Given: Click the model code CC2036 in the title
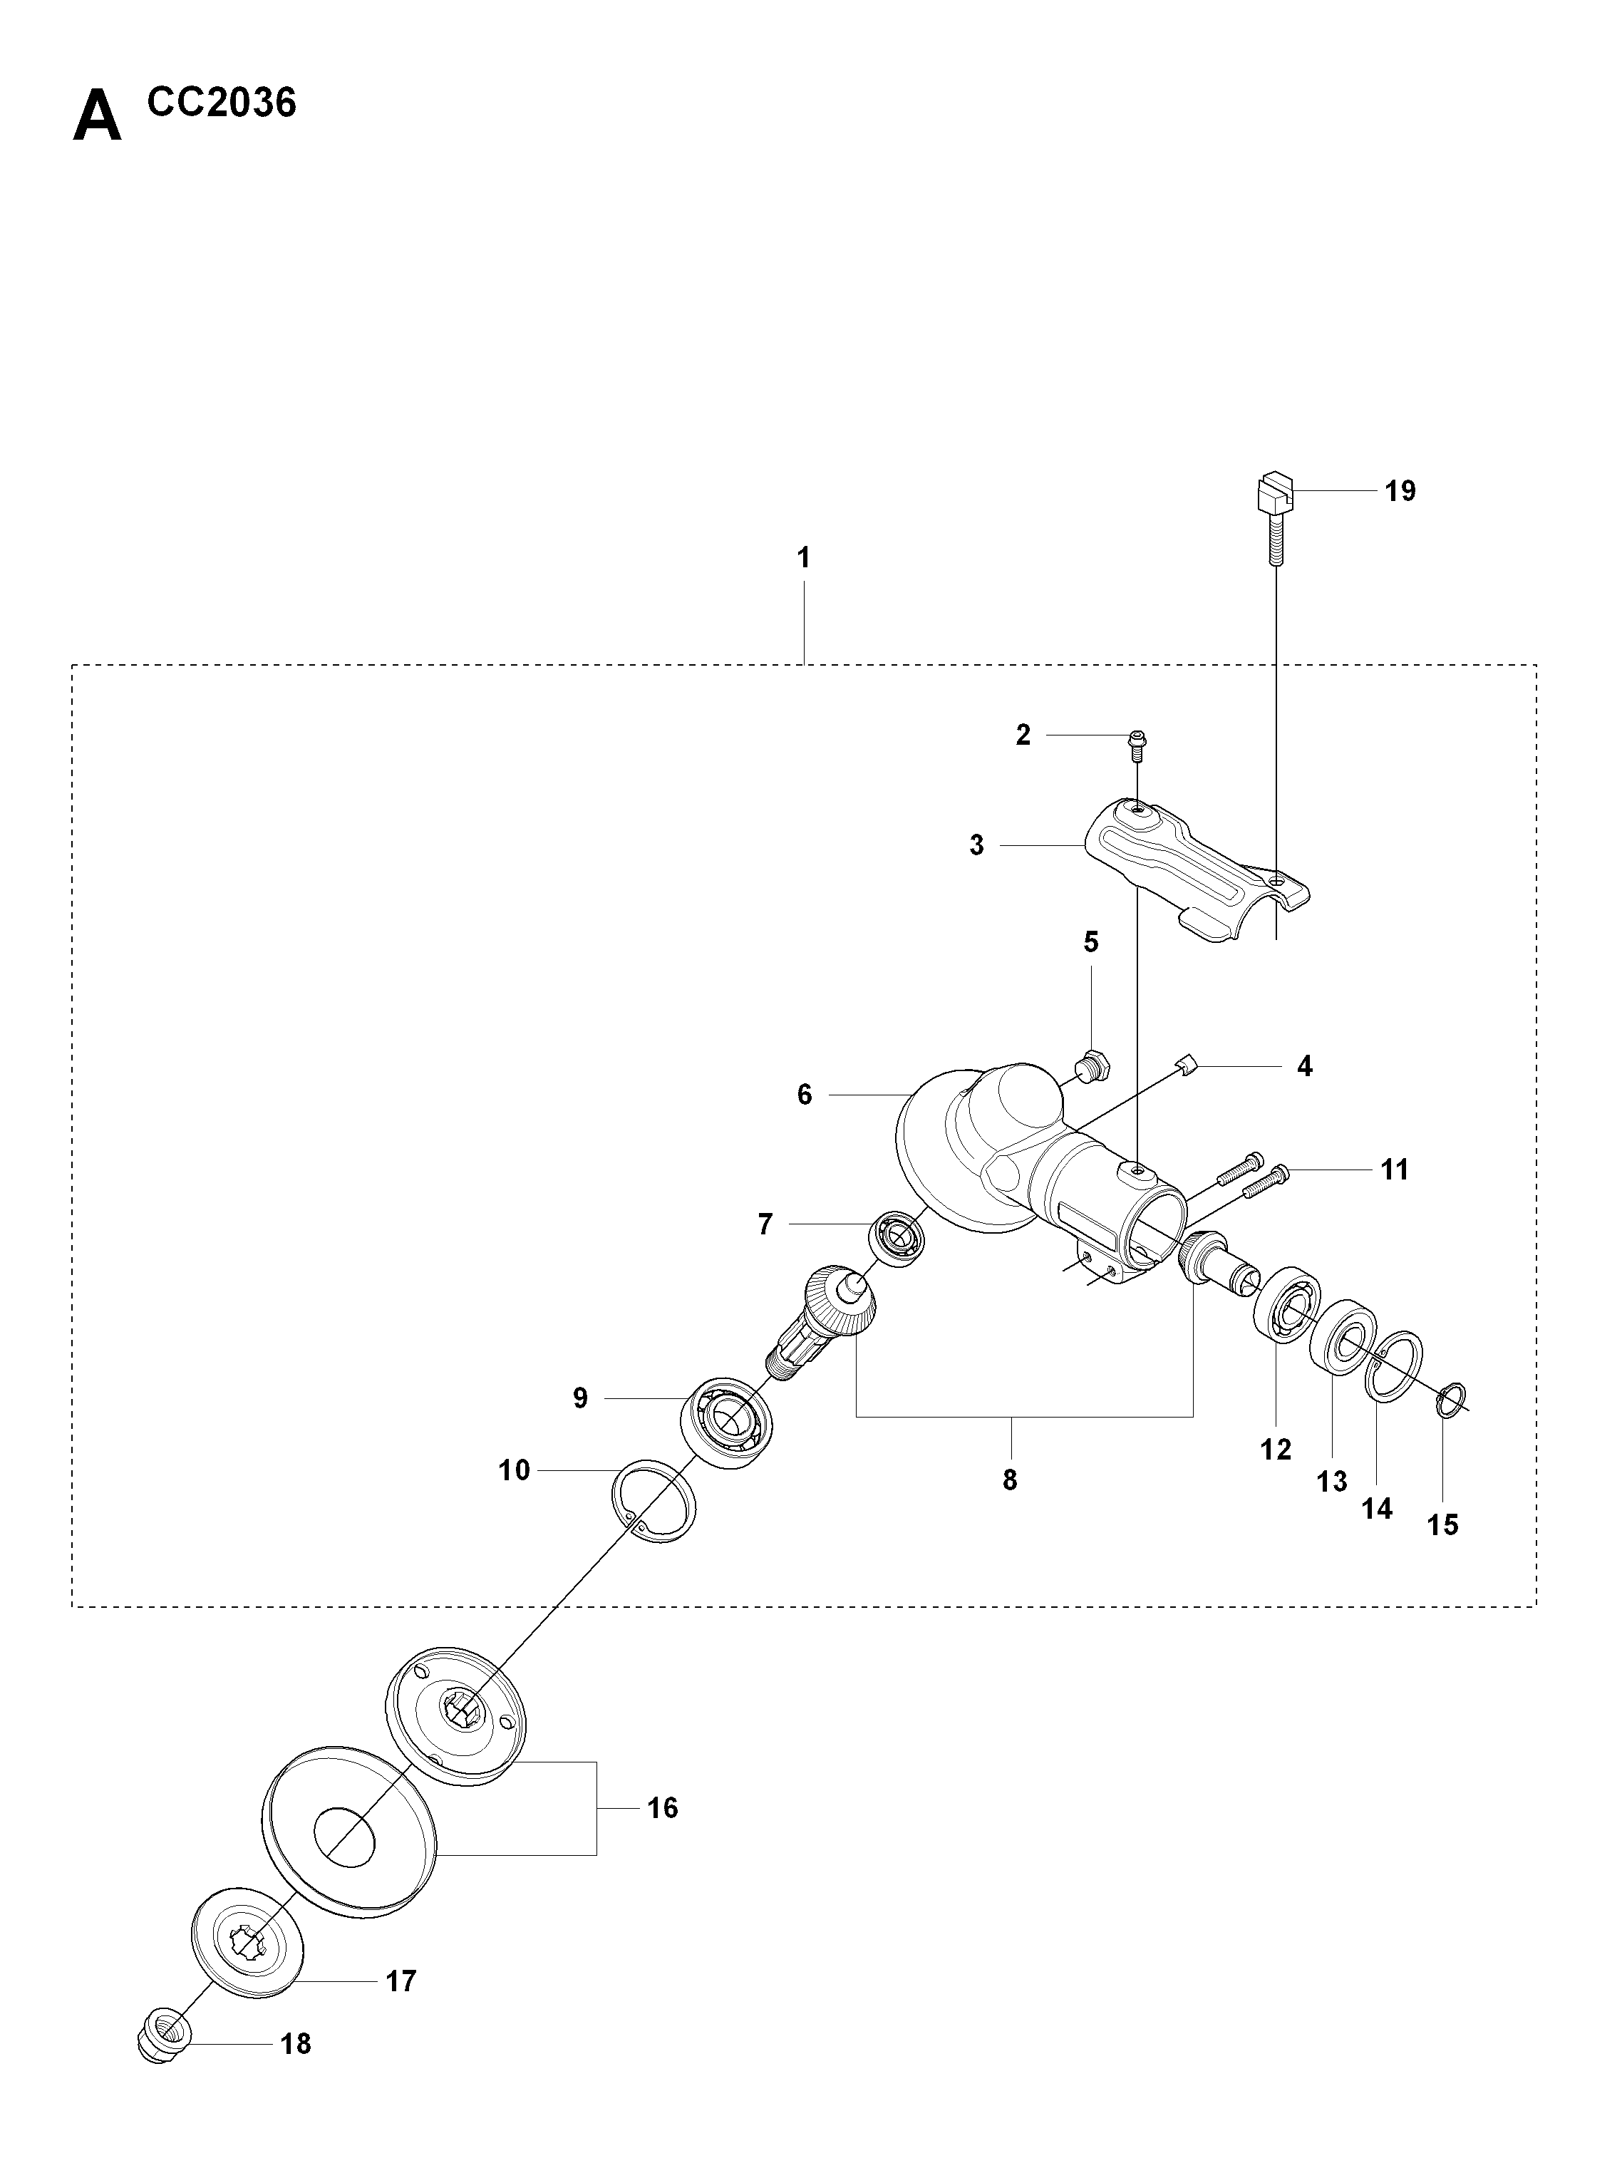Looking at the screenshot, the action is click(222, 103).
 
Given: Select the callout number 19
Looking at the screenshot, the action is click(1400, 491).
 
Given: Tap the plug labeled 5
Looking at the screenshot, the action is click(1090, 1064).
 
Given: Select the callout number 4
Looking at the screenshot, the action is click(1304, 1065).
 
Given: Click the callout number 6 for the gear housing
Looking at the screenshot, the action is click(804, 1095).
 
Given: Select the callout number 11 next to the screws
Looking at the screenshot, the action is click(1395, 1169).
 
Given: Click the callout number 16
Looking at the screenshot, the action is click(662, 1808).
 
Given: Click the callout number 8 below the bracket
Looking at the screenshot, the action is click(1010, 1480).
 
